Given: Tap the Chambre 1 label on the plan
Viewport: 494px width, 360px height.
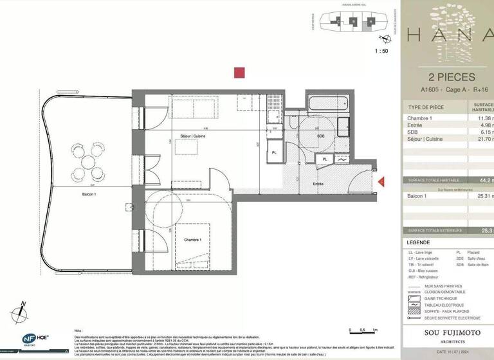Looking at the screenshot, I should click(x=192, y=240).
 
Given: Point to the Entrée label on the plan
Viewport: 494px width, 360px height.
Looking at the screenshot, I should click(x=318, y=184).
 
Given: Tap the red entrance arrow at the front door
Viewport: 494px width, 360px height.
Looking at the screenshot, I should click(x=381, y=183).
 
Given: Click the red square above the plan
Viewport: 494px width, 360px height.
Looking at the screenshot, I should click(x=239, y=73).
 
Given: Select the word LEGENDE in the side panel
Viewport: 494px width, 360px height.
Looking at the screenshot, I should click(x=422, y=242).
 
